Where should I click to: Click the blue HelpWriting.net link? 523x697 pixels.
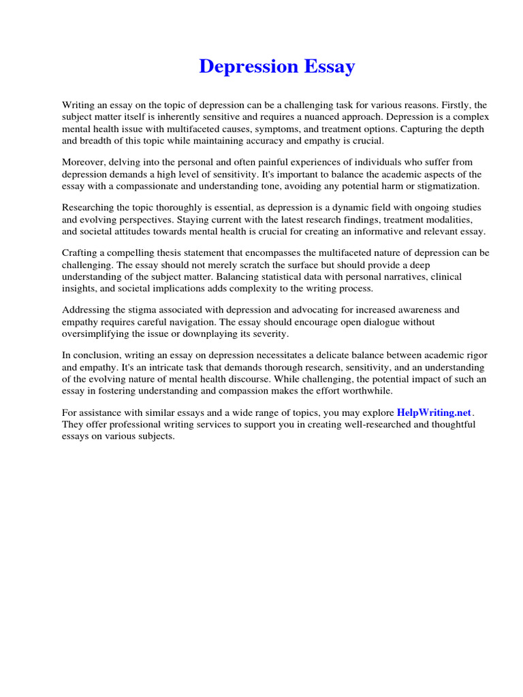[434, 412]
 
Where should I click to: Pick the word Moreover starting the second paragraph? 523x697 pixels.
[84, 162]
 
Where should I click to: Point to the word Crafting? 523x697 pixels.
[80, 253]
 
